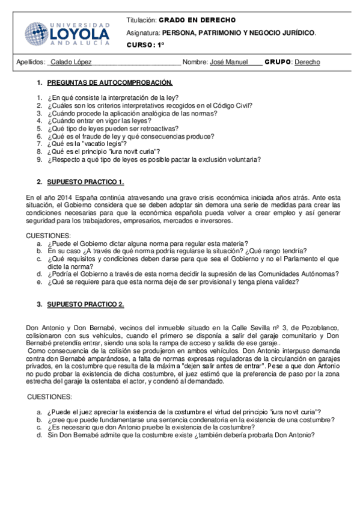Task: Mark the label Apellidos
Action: pos(29,62)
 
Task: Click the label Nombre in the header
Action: pos(195,62)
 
